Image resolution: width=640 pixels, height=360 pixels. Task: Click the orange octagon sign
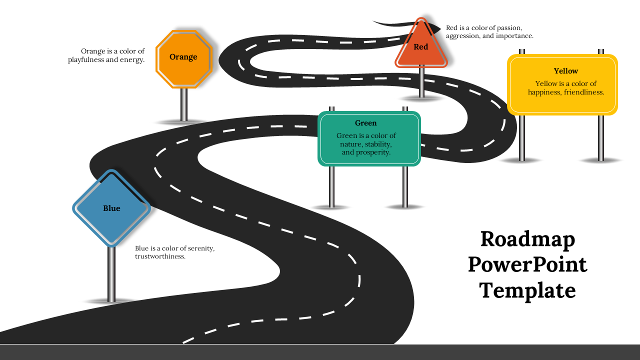pos(184,59)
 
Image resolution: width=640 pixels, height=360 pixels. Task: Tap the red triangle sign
pos(421,48)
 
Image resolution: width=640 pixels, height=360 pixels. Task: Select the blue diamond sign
pos(111,208)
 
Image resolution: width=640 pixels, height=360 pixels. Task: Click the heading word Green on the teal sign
pos(365,123)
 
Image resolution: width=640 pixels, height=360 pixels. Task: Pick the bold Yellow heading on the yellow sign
pos(565,71)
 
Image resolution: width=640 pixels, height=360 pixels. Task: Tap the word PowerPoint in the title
pos(527,264)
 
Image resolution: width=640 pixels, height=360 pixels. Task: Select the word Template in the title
pos(527,290)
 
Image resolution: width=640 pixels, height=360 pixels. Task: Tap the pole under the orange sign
pos(184,104)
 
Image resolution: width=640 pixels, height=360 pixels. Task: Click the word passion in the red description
pos(508,28)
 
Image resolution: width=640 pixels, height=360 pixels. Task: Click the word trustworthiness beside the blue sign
pos(160,256)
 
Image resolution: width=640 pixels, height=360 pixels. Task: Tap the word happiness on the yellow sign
pos(545,92)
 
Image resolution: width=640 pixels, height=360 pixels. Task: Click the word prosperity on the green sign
pos(372,152)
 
